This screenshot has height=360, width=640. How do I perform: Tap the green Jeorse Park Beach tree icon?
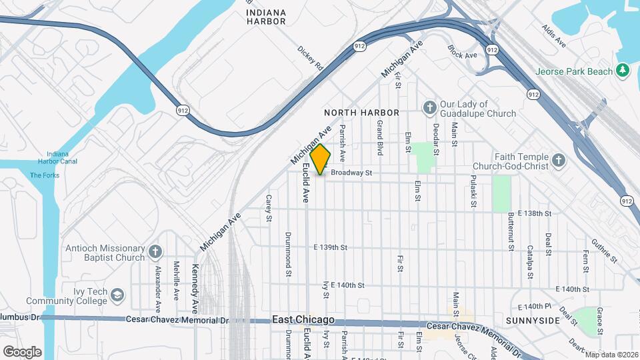coord(623,70)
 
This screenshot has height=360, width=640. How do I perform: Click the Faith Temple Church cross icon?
coord(558,160)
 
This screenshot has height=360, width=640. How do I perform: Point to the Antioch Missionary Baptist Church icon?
coord(155,251)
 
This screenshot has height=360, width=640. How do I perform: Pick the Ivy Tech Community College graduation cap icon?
coord(117,294)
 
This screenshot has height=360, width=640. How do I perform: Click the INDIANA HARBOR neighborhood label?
coord(265,17)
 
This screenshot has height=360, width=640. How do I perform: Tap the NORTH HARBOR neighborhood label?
coord(361,113)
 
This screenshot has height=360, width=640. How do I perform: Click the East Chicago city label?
coord(303,320)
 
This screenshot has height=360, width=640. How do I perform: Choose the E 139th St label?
coord(331,247)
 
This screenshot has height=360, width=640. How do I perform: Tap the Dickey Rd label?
coord(311,59)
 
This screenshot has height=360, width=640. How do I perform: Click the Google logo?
coord(22,351)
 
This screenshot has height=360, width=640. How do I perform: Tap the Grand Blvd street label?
coord(379,138)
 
